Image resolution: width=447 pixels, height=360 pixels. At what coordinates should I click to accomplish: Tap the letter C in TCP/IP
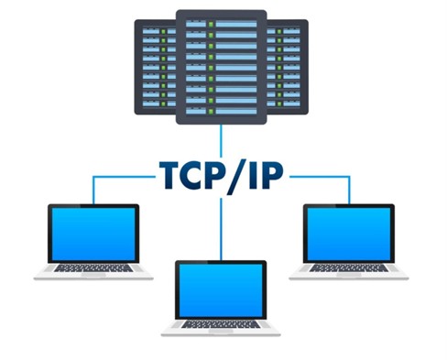point(195,176)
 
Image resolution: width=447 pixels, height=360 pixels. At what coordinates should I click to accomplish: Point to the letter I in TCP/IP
point(253,176)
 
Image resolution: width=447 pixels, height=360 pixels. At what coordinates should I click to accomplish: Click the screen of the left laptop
point(93,234)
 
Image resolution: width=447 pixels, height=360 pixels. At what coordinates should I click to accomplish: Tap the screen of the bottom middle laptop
point(221,290)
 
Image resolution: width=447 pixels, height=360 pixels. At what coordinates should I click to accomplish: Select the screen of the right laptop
point(349,234)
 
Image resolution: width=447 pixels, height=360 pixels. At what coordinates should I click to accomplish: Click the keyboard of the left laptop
point(93,268)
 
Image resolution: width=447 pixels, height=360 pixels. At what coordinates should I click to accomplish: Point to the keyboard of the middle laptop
point(221,324)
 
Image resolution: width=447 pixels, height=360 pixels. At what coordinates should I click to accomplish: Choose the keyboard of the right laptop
point(349,268)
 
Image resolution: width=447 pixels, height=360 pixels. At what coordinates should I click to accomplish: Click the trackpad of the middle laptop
point(221,331)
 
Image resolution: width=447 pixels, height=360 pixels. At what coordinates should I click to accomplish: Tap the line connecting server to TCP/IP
point(221,140)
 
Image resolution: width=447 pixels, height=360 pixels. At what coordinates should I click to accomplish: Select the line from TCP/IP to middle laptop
point(221,229)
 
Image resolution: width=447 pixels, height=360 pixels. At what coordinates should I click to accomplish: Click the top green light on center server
point(211,24)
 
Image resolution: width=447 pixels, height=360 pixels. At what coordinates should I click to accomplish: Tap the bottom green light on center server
point(211,111)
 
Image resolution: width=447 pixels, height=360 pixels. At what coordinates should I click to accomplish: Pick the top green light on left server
point(163,31)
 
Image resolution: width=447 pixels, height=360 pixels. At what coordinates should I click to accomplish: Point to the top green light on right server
point(279,31)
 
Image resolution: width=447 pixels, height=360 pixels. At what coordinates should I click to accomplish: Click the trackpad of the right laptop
point(349,275)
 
